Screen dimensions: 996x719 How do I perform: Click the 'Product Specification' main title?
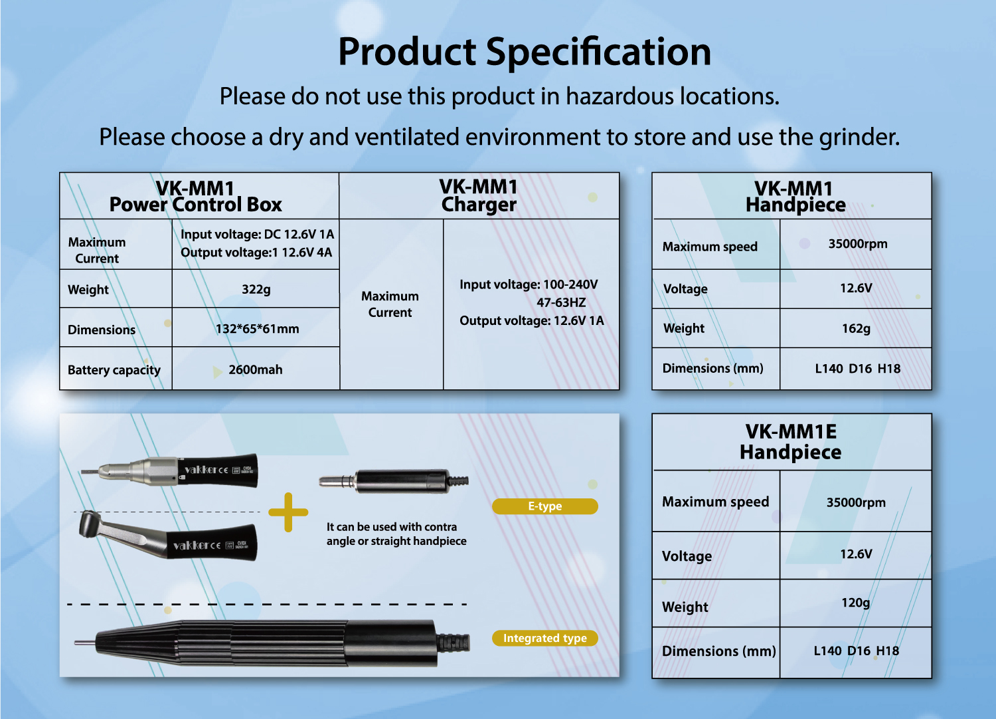pyautogui.click(x=525, y=52)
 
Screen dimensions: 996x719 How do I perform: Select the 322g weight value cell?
pyautogui.click(x=256, y=289)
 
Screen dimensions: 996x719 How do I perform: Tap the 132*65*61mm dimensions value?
pyautogui.click(x=257, y=329)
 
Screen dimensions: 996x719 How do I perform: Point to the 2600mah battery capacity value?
pyautogui.click(x=255, y=369)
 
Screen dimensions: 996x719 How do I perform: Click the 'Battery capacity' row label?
pyautogui.click(x=114, y=370)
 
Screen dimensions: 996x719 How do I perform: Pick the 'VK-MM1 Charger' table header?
pyautogui.click(x=479, y=196)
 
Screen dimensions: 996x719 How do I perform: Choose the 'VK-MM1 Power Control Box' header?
pyautogui.click(x=196, y=197)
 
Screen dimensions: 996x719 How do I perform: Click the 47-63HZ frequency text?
pyautogui.click(x=560, y=302)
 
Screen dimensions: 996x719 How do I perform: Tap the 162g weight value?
pyautogui.click(x=856, y=328)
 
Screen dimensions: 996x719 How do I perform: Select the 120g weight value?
pyautogui.click(x=855, y=603)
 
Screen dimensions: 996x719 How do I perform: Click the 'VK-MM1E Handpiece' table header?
pyautogui.click(x=791, y=442)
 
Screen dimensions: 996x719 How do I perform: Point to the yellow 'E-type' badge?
pyautogui.click(x=544, y=506)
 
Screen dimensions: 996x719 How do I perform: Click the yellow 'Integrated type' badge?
pyautogui.click(x=544, y=638)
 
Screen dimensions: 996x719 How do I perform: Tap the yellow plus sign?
pyautogui.click(x=288, y=512)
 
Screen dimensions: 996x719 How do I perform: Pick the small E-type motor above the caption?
pyautogui.click(x=394, y=481)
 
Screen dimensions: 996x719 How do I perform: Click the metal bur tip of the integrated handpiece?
pyautogui.click(x=84, y=643)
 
